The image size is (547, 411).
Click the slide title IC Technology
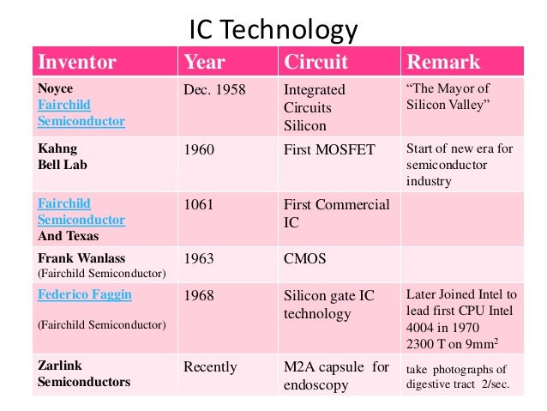click(273, 32)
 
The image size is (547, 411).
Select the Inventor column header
click(77, 63)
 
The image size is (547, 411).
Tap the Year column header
click(204, 63)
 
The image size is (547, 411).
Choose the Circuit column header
click(316, 63)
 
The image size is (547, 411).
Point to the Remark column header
click(443, 63)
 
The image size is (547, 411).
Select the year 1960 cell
click(199, 149)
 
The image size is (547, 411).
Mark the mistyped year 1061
click(199, 204)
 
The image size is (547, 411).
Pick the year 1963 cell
click(199, 258)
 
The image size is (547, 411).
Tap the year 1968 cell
click(199, 295)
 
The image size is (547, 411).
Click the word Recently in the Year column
click(210, 367)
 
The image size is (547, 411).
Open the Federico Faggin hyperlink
click(85, 295)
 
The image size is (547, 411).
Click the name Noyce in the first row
click(56, 88)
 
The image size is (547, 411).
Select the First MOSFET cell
click(329, 149)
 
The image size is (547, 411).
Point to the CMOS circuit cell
click(304, 258)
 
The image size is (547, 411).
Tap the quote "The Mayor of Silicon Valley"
click(448, 96)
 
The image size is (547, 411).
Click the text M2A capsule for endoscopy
click(336, 376)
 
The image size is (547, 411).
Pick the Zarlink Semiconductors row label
click(84, 374)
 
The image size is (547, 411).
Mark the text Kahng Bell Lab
click(63, 156)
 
